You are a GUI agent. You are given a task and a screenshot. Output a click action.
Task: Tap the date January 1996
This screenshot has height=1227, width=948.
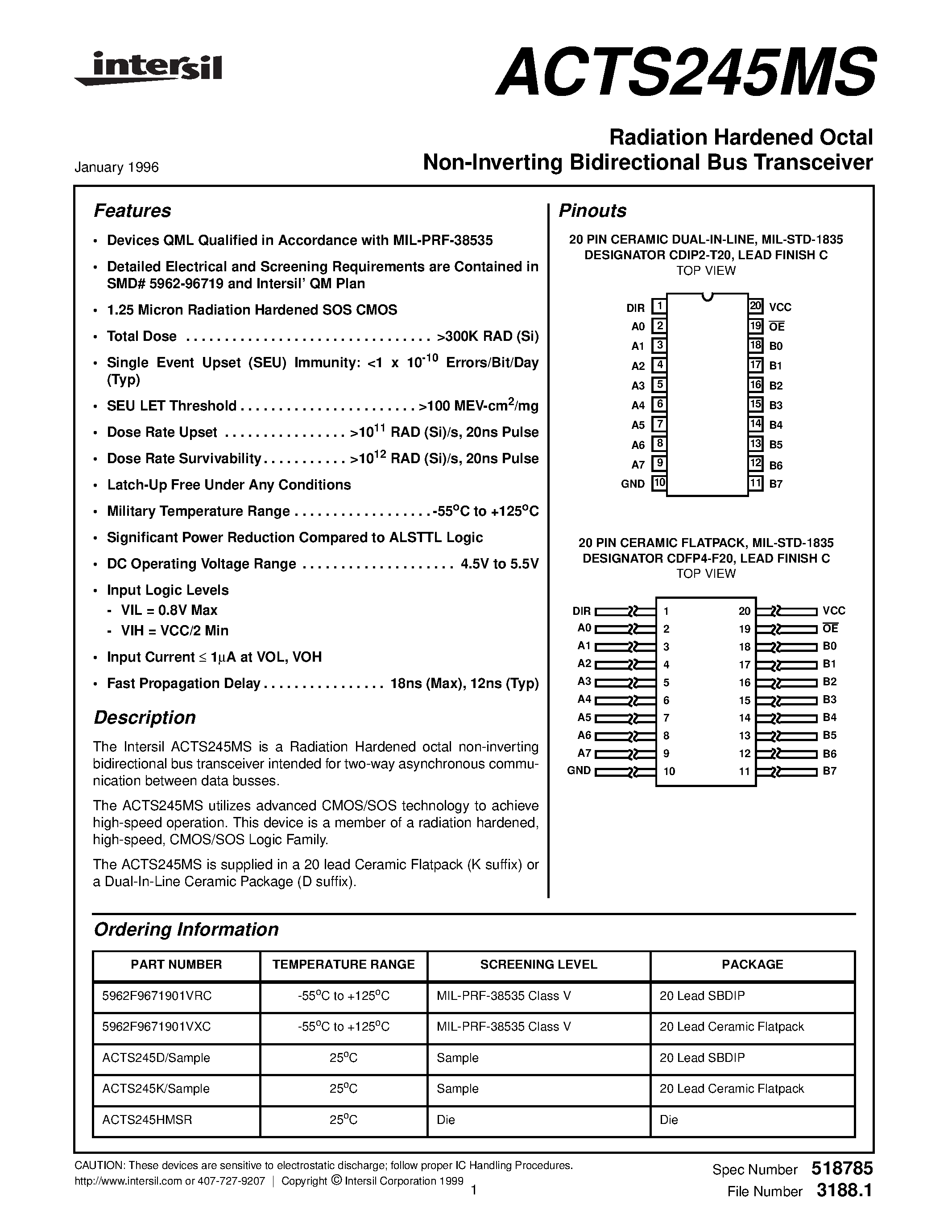click(117, 167)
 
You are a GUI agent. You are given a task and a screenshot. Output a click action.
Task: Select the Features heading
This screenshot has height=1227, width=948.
click(132, 211)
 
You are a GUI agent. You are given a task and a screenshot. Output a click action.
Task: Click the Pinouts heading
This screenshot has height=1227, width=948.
click(592, 211)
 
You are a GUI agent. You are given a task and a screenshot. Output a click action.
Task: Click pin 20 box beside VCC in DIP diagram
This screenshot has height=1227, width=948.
click(755, 306)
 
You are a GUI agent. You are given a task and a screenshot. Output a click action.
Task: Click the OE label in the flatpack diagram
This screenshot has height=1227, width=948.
click(830, 628)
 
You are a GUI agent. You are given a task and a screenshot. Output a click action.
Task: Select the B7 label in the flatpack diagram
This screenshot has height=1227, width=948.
click(829, 771)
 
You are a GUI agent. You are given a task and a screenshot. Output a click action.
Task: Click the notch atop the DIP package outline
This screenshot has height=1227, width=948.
click(707, 297)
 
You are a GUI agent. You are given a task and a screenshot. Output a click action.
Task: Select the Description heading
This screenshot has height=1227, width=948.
click(145, 717)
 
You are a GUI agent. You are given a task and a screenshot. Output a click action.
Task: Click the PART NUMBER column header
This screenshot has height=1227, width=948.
click(176, 964)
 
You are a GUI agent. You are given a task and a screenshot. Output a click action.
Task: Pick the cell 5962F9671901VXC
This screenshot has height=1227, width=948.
click(157, 1026)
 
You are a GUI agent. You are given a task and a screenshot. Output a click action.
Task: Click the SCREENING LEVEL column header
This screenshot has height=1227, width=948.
click(538, 964)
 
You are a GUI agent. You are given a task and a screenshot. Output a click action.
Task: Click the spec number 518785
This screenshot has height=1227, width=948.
click(841, 1169)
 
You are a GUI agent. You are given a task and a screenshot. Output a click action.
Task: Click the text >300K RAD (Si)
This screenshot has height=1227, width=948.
click(487, 336)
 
